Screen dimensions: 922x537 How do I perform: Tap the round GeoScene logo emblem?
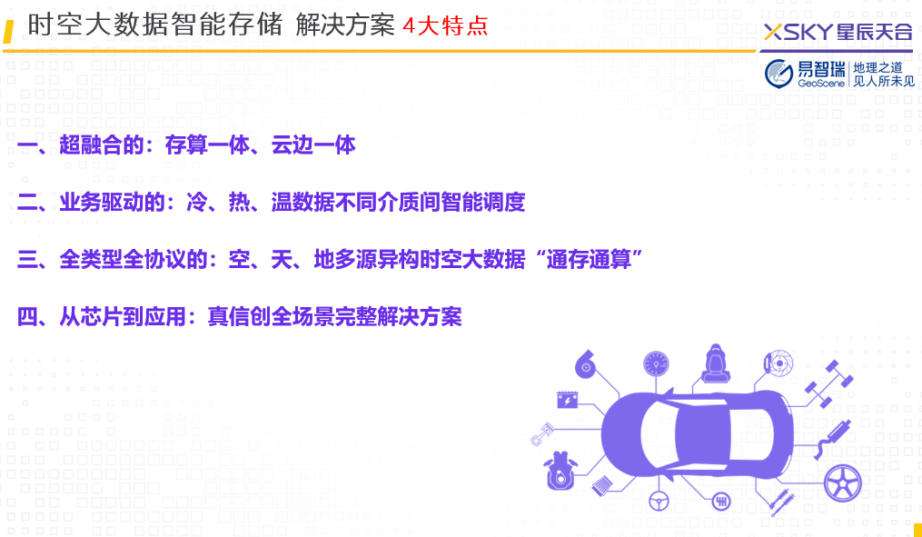(778, 74)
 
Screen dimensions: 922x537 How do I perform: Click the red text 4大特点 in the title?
(446, 25)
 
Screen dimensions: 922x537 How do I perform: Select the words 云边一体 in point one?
(312, 144)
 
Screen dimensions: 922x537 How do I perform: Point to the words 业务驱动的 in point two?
(113, 202)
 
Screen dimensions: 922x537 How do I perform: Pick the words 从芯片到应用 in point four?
(123, 316)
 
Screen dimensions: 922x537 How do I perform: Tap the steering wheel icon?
(659, 501)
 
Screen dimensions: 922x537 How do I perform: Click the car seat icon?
(716, 363)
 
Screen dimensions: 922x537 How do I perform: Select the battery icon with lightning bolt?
(568, 400)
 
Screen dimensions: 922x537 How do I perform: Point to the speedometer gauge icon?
(656, 363)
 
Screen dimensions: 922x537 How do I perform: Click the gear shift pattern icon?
(721, 502)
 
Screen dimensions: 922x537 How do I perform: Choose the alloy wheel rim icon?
(842, 483)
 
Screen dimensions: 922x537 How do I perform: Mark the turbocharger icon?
(585, 364)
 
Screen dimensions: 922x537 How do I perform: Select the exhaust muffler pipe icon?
(834, 439)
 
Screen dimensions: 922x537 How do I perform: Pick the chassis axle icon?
(828, 383)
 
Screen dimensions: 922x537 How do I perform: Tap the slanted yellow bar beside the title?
(8, 31)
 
